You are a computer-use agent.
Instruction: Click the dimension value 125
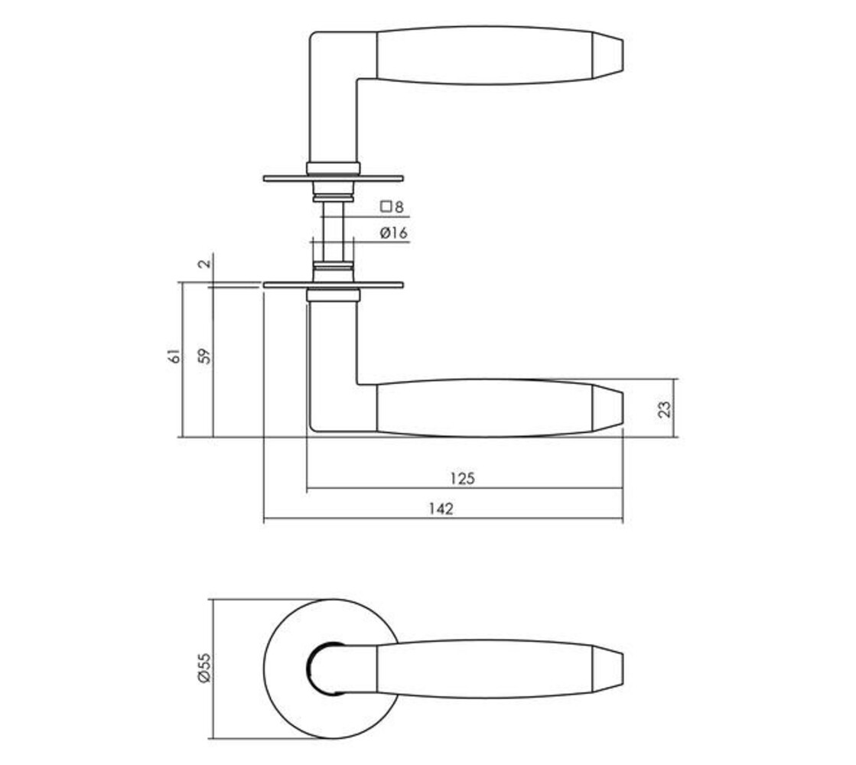[462, 479]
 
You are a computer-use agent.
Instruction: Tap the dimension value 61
[174, 356]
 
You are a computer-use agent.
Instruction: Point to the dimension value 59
[203, 356]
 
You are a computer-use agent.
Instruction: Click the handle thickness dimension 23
[665, 408]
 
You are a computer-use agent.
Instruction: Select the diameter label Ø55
[203, 667]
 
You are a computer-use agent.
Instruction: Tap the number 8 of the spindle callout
[399, 207]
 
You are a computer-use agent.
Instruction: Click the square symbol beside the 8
[386, 206]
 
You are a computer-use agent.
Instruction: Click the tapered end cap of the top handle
[609, 55]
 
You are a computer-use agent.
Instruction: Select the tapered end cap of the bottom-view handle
[609, 667]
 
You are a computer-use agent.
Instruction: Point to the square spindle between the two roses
[334, 229]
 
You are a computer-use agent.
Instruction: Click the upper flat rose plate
[333, 179]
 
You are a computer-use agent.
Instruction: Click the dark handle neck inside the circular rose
[315, 668]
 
